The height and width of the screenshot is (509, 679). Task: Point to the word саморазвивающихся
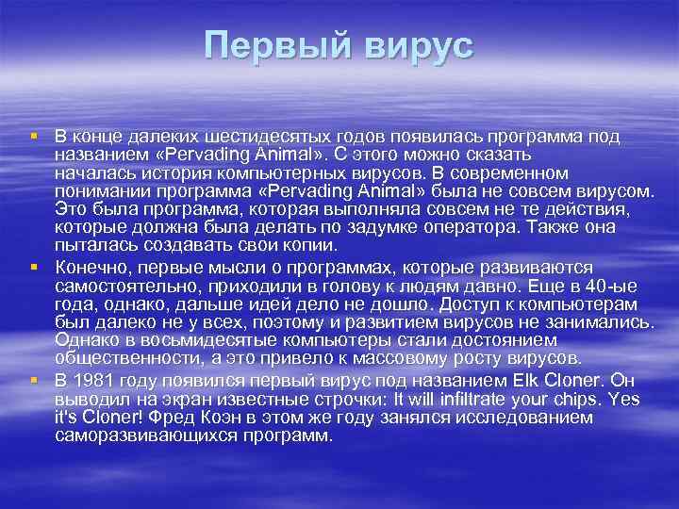141,437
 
